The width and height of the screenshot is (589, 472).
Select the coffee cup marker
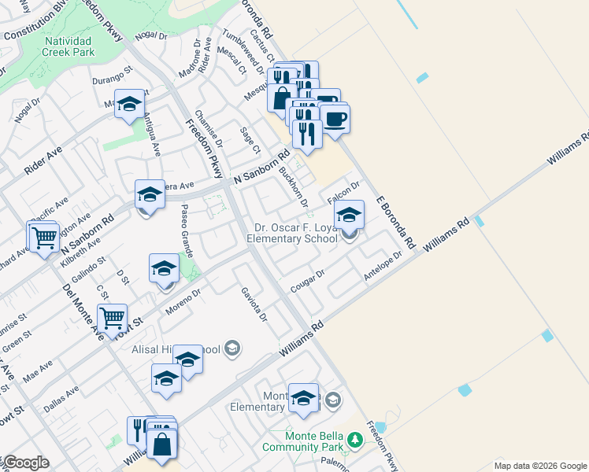coord(335,119)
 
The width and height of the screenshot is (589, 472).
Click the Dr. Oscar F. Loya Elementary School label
coord(291,233)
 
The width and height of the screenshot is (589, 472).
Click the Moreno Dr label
coord(183,303)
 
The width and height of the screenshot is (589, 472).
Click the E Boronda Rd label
coord(395,223)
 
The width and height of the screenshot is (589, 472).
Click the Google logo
coord(25,463)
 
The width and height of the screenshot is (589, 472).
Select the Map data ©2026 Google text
coord(539,465)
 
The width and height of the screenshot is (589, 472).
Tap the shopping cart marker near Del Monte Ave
coord(113,318)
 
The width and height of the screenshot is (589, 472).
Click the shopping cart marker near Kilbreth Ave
coord(45,234)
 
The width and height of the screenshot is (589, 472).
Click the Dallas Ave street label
coord(61,396)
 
